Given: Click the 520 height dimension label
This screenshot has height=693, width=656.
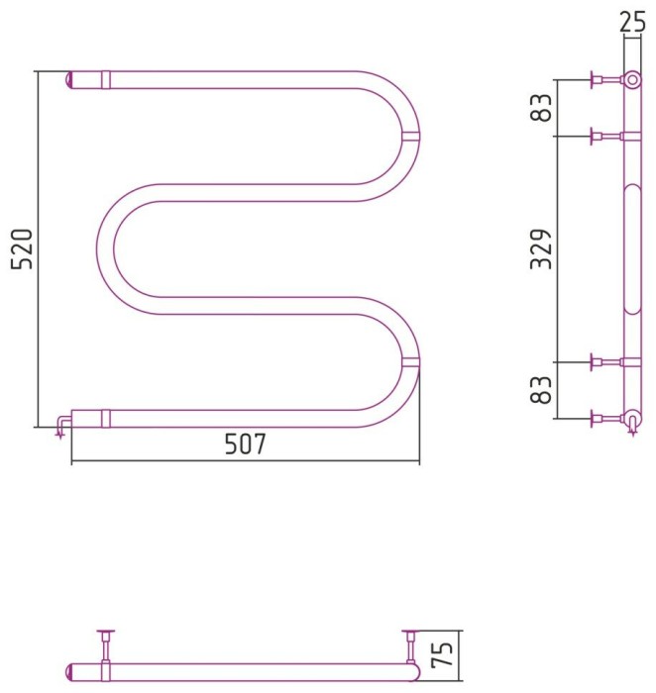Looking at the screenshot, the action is (22, 248).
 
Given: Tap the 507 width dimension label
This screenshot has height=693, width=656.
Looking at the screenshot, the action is (246, 444).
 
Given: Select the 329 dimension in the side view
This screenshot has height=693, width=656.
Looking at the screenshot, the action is (541, 248).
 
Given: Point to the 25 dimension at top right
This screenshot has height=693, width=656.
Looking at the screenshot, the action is (632, 22).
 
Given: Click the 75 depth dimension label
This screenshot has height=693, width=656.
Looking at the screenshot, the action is (442, 654).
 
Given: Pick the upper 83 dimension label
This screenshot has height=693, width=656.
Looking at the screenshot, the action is (541, 108).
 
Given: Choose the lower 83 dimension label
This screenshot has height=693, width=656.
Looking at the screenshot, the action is (541, 390).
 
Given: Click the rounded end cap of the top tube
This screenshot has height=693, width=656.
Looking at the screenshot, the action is (68, 80).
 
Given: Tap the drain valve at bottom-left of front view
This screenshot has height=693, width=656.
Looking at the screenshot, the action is (61, 425).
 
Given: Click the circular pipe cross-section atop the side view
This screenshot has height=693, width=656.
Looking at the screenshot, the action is (632, 80).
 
